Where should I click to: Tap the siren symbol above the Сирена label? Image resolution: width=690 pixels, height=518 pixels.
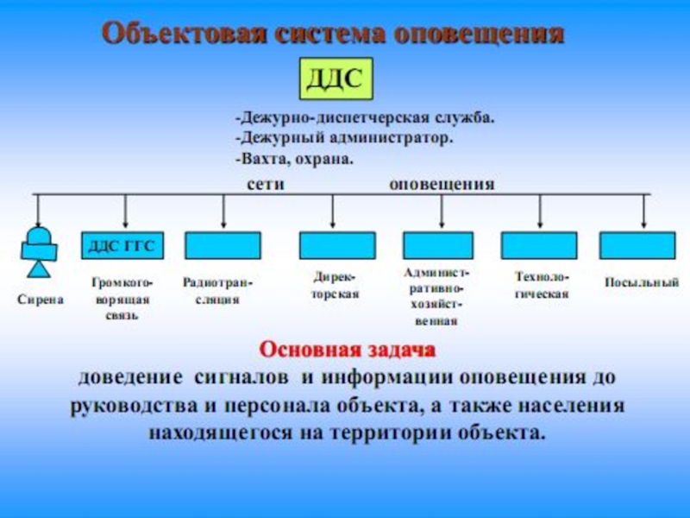38,251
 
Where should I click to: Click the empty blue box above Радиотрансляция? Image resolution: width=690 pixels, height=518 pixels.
223,246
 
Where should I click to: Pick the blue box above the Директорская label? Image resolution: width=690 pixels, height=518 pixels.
336,246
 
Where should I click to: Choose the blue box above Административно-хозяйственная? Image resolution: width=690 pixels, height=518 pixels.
438,246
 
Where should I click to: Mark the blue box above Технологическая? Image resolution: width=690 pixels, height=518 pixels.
541,246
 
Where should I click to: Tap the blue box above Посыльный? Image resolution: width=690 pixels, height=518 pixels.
637,246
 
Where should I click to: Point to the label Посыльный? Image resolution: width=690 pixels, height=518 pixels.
642,282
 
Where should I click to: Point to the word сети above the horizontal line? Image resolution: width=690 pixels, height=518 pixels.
267,184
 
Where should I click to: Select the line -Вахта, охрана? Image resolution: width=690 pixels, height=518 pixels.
293,160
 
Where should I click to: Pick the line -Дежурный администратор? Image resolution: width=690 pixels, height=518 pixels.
343,138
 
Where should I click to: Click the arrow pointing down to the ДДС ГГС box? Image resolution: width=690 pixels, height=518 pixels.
127,212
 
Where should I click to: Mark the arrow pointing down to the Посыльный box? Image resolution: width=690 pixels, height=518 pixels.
643,212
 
